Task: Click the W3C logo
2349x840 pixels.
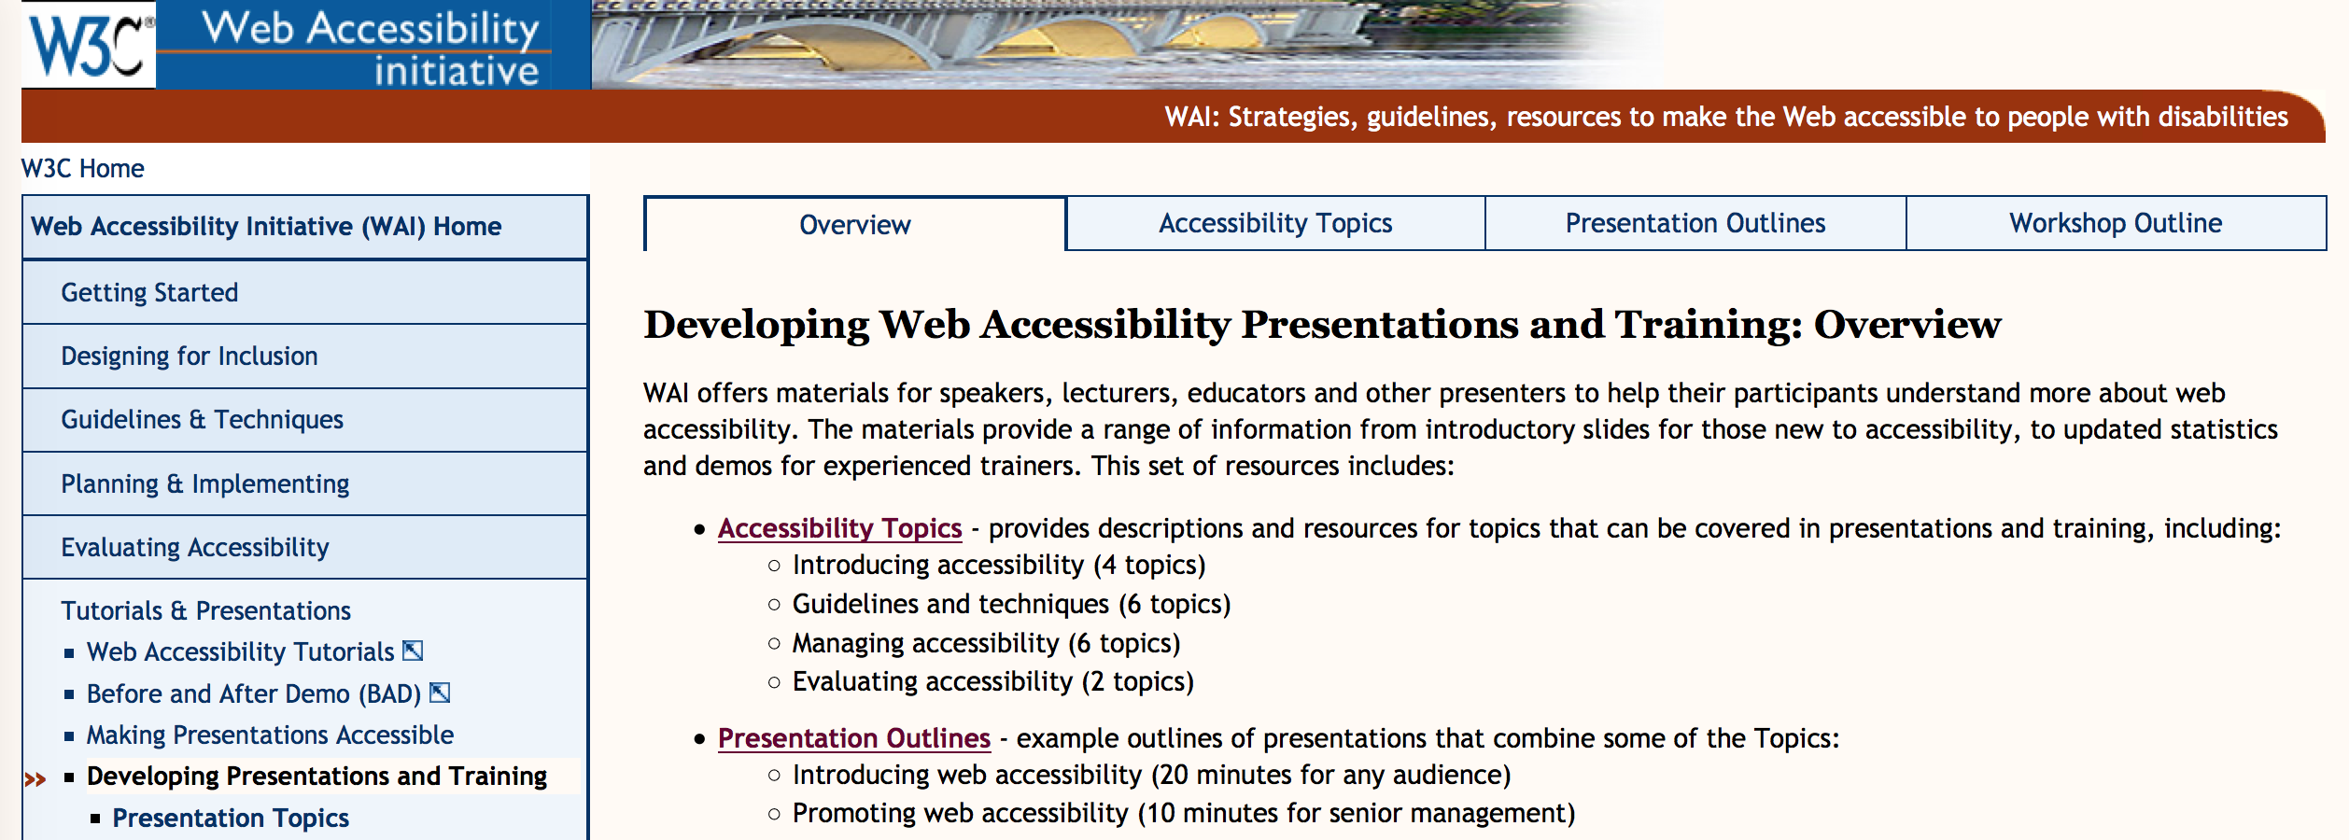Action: (89, 44)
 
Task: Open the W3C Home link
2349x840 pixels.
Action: (82, 169)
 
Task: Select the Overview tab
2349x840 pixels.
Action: (854, 225)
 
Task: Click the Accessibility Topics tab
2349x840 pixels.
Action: (1275, 223)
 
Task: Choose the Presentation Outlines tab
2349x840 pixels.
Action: (1695, 223)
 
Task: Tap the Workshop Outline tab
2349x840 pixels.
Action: (2116, 223)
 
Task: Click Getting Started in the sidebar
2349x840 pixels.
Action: (149, 293)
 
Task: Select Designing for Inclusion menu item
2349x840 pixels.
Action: (190, 357)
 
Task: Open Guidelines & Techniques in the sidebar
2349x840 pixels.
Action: (202, 420)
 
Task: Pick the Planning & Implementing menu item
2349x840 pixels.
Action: (205, 484)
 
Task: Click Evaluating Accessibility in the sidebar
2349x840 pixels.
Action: (195, 548)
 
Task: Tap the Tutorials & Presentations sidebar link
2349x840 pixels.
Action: (205, 611)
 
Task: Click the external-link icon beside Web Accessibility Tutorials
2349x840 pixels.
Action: (413, 651)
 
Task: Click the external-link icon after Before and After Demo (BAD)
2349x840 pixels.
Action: (440, 693)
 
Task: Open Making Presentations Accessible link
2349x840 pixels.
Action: (270, 735)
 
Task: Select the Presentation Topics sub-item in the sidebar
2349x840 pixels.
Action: (231, 819)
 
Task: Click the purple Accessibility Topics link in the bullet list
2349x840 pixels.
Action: (839, 528)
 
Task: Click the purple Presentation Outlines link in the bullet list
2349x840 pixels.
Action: (853, 738)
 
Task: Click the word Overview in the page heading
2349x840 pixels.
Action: (1907, 325)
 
